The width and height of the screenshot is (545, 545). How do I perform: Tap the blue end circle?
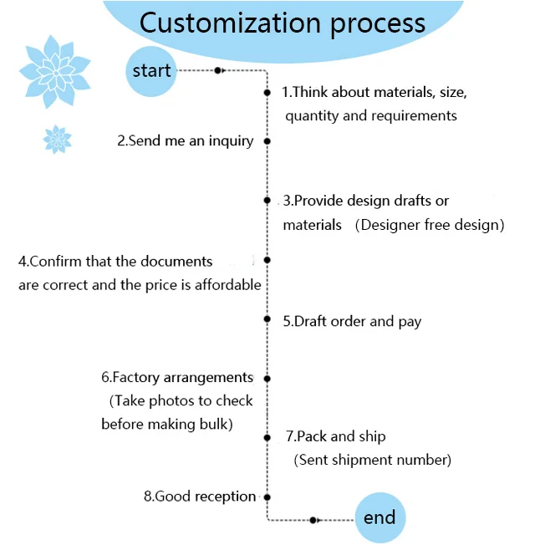pos(379,517)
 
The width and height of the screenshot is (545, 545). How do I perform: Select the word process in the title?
pos(378,24)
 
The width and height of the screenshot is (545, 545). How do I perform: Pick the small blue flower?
pos(57,139)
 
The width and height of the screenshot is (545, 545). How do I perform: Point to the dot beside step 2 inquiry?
pos(267,141)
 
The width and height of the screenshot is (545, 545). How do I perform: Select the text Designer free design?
pos(430,225)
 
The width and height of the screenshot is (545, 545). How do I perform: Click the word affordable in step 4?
pos(227,284)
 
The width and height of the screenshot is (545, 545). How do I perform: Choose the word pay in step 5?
pos(410,321)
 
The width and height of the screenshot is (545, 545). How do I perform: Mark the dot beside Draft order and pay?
pos(267,319)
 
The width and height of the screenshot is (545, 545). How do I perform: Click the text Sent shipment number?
pos(373,460)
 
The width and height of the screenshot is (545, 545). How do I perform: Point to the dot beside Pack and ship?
pos(267,437)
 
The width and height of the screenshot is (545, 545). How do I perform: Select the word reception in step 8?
pos(225,497)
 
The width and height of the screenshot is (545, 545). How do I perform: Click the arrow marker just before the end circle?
pos(313,520)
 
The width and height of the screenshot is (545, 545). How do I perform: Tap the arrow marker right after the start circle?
pos(218,71)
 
